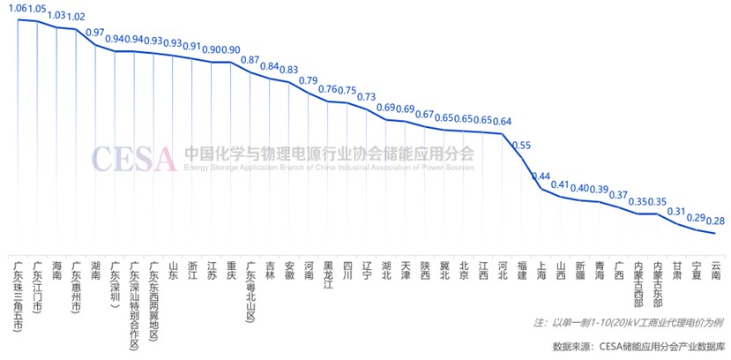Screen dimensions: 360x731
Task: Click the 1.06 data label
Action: click(x=17, y=9)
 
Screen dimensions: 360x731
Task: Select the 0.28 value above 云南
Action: click(x=716, y=221)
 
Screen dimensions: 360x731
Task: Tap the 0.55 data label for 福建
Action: click(x=522, y=145)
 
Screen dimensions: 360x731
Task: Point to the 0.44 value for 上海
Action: click(x=541, y=175)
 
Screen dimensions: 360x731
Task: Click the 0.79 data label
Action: click(x=308, y=81)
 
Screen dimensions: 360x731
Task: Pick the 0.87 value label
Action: click(x=250, y=60)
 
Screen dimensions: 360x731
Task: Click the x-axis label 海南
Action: click(x=56, y=269)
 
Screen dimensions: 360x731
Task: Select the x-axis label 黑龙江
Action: click(x=328, y=274)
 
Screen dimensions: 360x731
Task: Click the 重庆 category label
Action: click(x=231, y=269)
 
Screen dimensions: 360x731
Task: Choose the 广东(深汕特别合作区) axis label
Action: click(x=134, y=305)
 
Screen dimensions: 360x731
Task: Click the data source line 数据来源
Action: click(x=636, y=345)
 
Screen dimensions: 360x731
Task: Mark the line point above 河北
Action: click(x=503, y=134)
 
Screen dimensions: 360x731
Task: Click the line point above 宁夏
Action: click(x=697, y=229)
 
